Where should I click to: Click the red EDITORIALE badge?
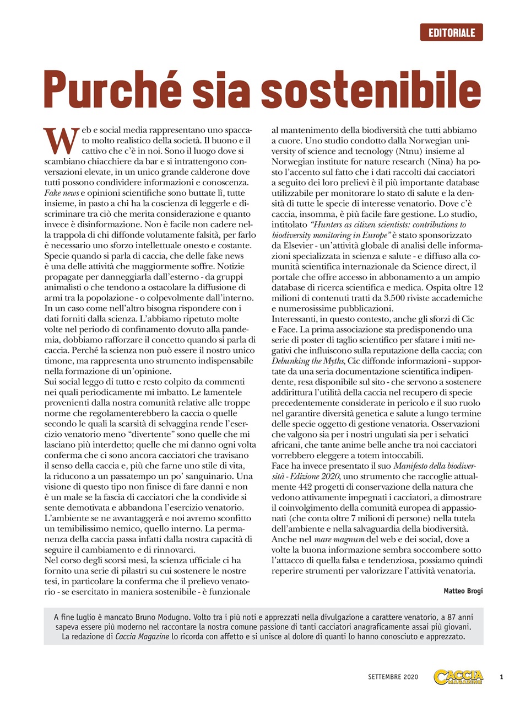tap(451, 33)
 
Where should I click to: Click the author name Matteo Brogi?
tap(462, 591)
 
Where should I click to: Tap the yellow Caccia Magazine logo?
tap(458, 676)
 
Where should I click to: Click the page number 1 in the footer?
tap(501, 677)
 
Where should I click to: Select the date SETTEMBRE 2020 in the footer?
tap(393, 677)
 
